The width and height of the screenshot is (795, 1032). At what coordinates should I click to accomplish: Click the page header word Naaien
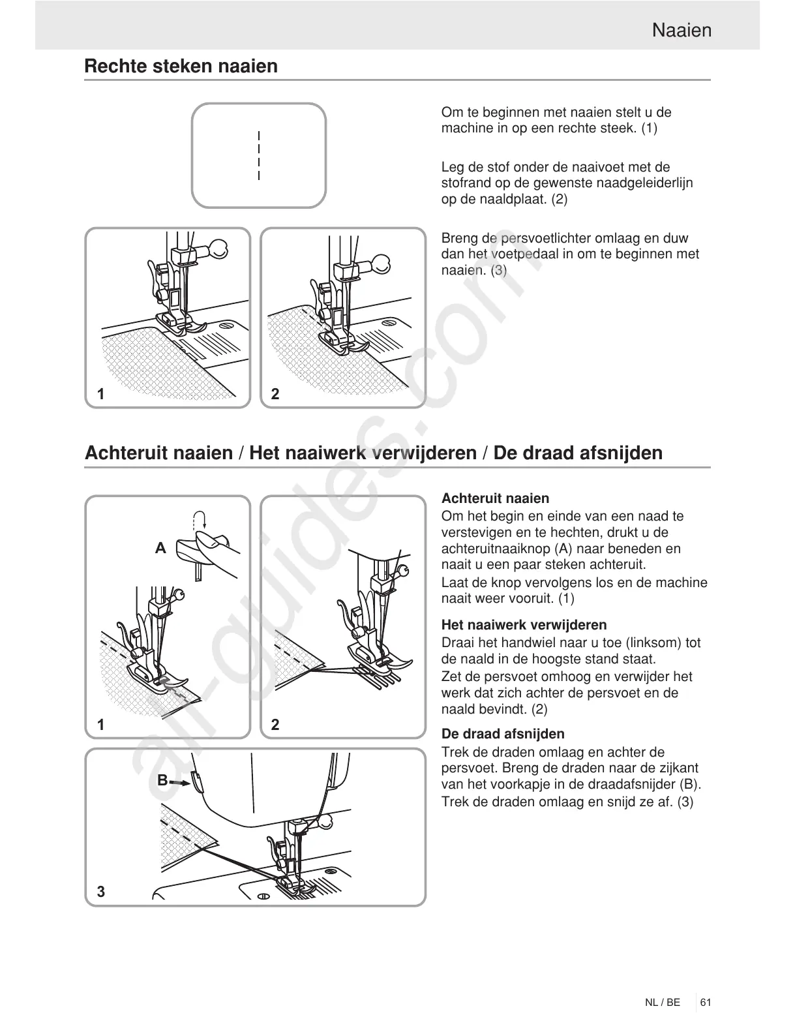coord(682,30)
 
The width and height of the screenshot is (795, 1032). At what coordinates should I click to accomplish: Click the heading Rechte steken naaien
coord(181,66)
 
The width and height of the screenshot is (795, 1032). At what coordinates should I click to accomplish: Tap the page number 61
coord(706,1002)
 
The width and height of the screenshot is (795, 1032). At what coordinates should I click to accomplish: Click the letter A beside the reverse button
coord(160,549)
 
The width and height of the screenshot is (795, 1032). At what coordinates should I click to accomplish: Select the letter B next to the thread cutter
coord(162,780)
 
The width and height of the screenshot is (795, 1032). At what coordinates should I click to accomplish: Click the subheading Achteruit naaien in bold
coord(495,498)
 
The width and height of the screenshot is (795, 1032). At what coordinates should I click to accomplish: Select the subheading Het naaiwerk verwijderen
coord(524,624)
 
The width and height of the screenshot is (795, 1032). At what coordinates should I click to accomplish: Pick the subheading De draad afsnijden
coord(503,734)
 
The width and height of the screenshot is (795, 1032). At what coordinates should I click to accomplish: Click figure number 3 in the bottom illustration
coord(101,891)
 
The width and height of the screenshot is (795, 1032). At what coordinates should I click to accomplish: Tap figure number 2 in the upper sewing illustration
coord(275,393)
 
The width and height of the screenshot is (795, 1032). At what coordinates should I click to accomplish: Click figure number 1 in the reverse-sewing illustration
coord(101,724)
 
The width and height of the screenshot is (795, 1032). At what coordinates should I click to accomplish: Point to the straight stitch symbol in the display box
coord(259,155)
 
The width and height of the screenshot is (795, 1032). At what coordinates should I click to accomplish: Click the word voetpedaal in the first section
coord(524,254)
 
